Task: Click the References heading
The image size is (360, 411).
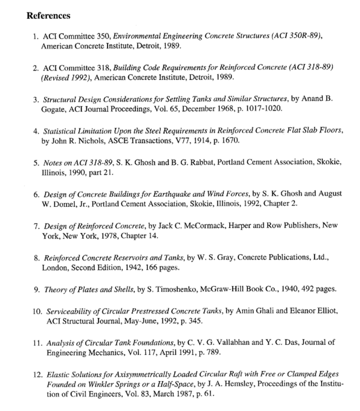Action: pos(48,16)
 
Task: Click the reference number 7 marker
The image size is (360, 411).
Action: pos(35,226)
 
